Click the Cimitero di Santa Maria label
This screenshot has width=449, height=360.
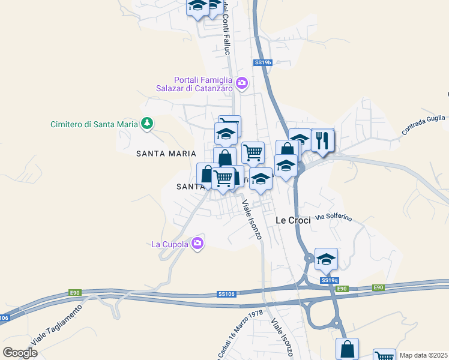(x=94, y=124)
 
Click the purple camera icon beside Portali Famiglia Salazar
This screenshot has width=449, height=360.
(x=242, y=83)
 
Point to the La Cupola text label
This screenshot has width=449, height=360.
(x=169, y=244)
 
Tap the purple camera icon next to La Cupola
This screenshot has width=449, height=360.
(x=197, y=244)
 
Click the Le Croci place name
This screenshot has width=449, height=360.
(x=293, y=220)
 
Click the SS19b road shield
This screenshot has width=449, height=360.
(x=263, y=62)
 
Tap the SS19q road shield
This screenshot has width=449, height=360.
(x=329, y=280)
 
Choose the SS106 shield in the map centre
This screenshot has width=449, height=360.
(x=225, y=294)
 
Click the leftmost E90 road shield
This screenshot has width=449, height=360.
(x=74, y=292)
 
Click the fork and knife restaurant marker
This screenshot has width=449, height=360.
(x=322, y=141)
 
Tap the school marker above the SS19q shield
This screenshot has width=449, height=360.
(x=326, y=259)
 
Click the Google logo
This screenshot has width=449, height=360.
(x=20, y=353)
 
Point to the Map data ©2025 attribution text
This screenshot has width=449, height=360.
(x=424, y=355)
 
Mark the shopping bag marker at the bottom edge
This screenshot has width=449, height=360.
(x=348, y=349)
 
